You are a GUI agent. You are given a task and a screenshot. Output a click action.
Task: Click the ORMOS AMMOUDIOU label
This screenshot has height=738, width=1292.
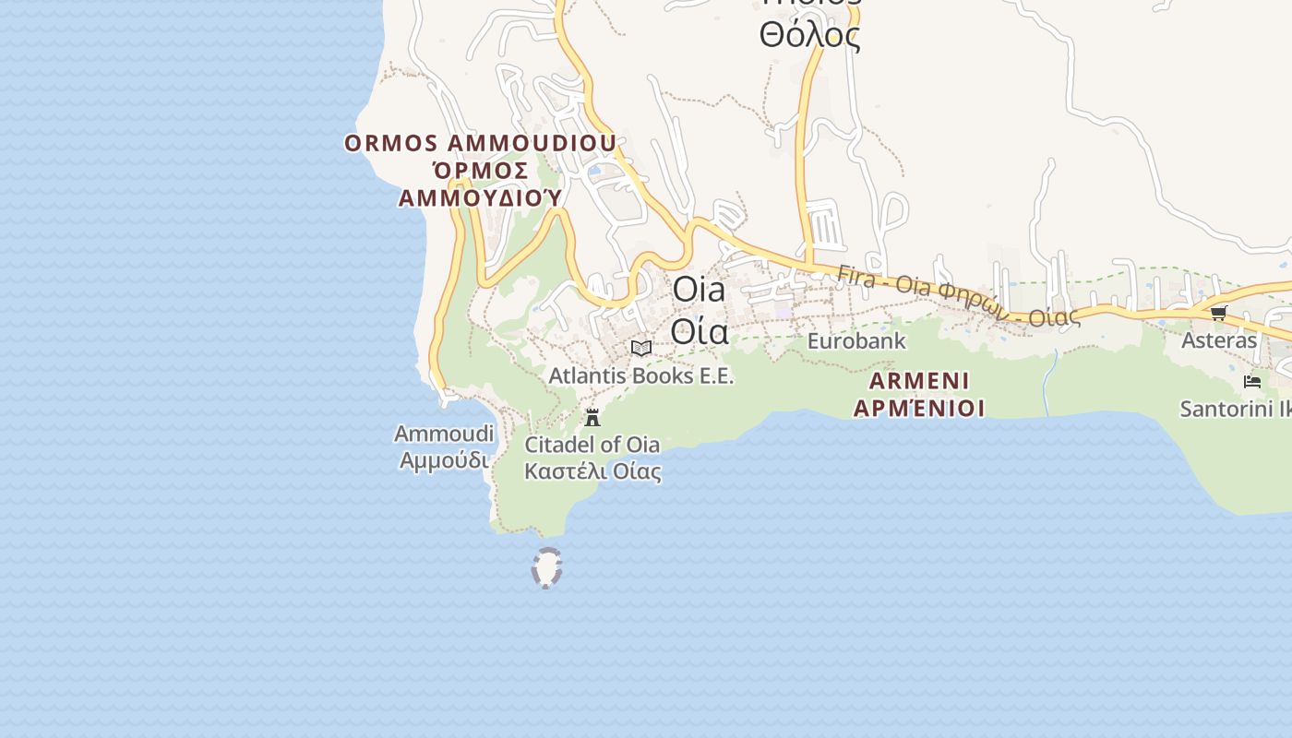point(480,144)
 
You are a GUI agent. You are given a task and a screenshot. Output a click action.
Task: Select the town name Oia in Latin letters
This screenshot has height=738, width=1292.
point(699,290)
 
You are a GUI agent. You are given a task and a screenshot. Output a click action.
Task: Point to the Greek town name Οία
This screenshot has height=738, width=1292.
point(699,330)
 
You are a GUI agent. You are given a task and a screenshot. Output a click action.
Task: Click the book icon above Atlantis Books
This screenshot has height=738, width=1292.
point(641,348)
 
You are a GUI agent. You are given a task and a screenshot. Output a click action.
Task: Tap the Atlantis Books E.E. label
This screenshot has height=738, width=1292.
point(641,376)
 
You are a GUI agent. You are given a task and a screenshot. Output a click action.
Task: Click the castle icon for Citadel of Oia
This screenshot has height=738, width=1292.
point(592,417)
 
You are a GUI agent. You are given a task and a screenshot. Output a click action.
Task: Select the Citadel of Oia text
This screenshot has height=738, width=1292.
point(592,445)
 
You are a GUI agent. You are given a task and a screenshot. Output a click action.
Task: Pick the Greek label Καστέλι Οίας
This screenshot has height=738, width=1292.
point(592,471)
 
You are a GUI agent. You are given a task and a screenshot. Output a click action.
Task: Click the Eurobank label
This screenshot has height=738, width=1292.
point(856,341)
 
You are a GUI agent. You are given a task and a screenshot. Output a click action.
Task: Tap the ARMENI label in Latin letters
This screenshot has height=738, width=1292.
point(919,381)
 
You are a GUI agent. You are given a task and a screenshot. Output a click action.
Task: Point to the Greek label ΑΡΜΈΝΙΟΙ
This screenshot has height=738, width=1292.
point(919,408)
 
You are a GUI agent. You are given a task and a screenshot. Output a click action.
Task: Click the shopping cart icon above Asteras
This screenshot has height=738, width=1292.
point(1219,313)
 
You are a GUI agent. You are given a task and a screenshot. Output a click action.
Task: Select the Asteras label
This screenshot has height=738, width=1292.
point(1219,340)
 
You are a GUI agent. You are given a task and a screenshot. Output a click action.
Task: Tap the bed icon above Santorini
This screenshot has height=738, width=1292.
point(1252,381)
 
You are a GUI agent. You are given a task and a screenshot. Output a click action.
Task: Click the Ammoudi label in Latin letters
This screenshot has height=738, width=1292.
point(444,434)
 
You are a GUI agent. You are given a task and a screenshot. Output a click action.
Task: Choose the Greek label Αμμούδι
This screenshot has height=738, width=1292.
point(444,459)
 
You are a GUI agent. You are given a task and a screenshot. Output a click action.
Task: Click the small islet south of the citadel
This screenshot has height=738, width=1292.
point(547,567)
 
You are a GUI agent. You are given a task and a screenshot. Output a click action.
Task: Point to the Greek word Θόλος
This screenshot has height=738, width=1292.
point(809,35)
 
